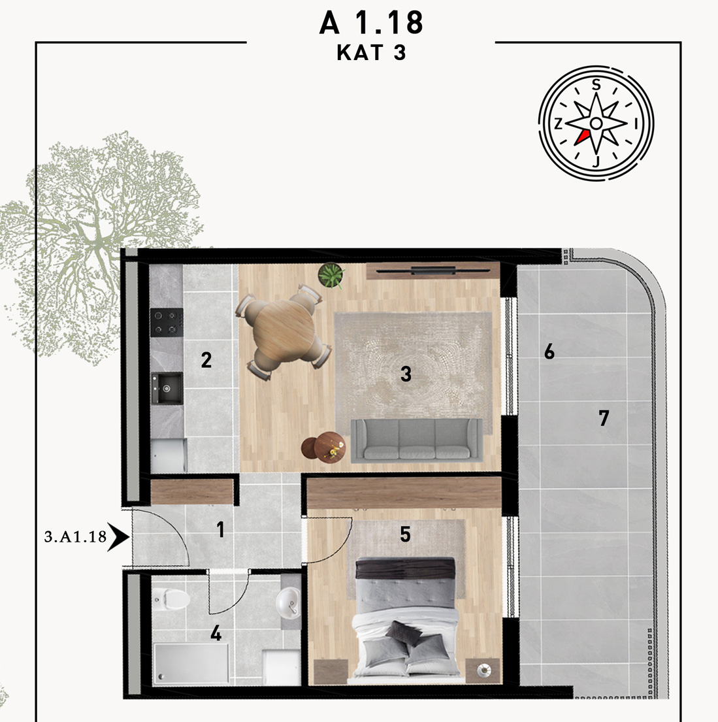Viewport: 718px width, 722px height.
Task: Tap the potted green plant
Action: pos(331,275)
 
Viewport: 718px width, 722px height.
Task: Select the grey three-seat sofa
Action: pos(417,440)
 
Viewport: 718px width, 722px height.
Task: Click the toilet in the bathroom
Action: pos(171,599)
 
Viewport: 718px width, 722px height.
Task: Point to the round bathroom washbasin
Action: pos(288,601)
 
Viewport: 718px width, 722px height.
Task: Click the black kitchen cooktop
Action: pos(167,322)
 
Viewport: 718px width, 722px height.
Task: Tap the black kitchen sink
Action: pos(167,389)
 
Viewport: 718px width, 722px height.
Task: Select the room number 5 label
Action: pos(405,534)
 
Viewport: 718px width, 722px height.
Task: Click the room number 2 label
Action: pos(206,360)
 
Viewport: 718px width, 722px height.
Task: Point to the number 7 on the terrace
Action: pos(604,418)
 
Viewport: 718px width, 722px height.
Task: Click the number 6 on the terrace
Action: pos(549,352)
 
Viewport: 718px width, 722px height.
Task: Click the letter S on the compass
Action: pos(596,85)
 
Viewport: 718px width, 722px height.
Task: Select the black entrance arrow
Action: pos(119,536)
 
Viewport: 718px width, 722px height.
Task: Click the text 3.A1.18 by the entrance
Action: pos(76,536)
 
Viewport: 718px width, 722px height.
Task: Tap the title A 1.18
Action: pos(371,23)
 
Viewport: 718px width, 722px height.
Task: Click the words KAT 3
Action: pos(371,53)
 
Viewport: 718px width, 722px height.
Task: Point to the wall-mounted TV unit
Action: pos(433,271)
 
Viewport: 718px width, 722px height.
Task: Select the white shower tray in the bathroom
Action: pos(191,663)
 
